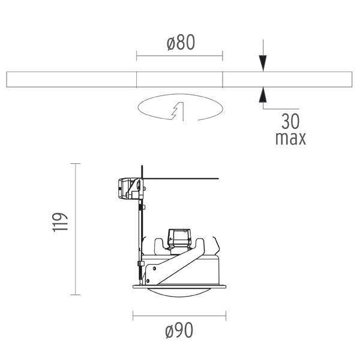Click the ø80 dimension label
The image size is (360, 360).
point(181,43)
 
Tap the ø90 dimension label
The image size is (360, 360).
point(179,330)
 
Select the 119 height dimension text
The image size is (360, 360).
point(60,222)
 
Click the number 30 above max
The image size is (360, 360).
point(290,121)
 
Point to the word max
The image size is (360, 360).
point(290,139)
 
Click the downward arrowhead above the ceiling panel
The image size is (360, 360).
point(263,63)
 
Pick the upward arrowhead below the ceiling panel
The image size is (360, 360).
point(263,95)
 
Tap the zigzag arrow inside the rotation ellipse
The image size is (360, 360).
point(178,111)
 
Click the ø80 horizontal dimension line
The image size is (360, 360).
point(179,56)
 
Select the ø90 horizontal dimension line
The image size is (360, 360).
point(179,316)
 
